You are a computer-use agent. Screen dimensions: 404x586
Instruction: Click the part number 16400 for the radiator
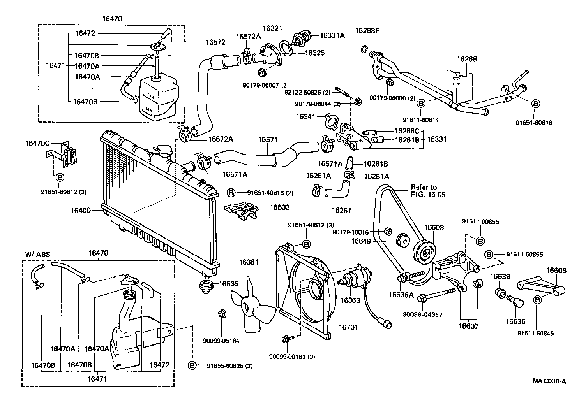coord(80,211)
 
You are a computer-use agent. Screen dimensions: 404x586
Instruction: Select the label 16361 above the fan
coord(249,262)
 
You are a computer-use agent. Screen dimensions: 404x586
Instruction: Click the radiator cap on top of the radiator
coord(161,151)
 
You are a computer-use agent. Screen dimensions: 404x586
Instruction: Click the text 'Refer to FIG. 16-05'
coord(428,191)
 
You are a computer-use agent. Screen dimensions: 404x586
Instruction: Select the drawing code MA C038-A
coord(549,382)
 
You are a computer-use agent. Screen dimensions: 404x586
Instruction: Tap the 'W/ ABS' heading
coord(38,255)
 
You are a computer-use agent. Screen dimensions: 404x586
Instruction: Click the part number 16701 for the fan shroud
coord(348,328)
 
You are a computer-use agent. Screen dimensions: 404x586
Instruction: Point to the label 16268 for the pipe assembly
coord(467,60)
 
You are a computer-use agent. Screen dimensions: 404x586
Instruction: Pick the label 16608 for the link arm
coord(556,271)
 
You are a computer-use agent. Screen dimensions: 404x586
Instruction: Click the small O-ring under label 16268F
coord(363,49)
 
